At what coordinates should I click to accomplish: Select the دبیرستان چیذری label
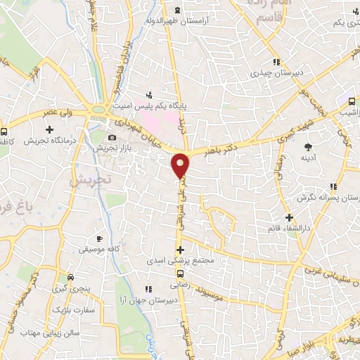(x=278, y=73)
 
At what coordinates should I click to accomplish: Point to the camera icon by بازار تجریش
(x=112, y=136)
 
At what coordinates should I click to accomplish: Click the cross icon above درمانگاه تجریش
(x=49, y=129)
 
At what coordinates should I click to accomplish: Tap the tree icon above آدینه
(x=308, y=146)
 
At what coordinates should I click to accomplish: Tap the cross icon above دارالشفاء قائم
(x=289, y=217)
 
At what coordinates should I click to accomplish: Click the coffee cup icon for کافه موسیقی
(x=99, y=238)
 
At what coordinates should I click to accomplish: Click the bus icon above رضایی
(x=180, y=274)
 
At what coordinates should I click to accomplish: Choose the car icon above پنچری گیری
(x=69, y=276)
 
